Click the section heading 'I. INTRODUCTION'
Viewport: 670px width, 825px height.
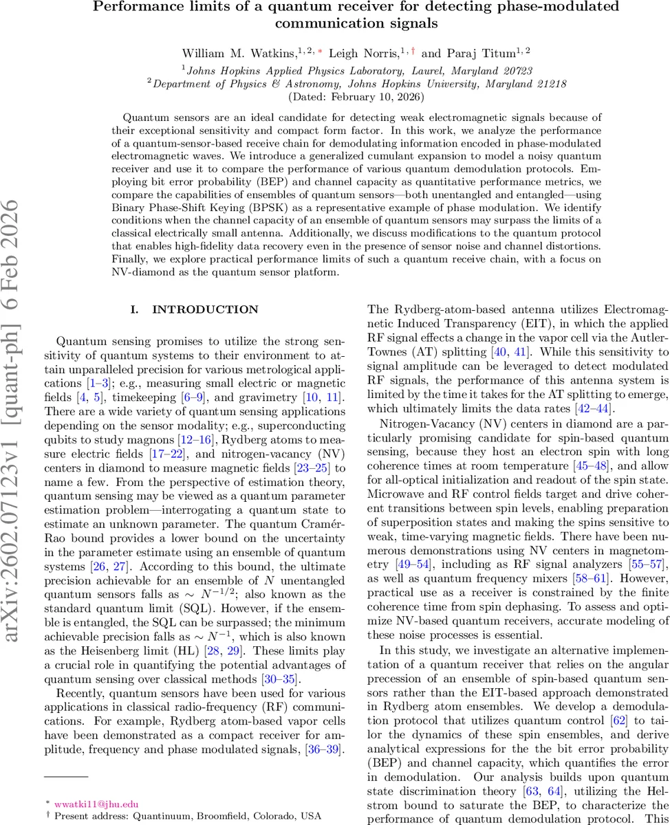[195, 310]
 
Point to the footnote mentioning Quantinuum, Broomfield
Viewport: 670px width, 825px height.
[176, 816]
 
